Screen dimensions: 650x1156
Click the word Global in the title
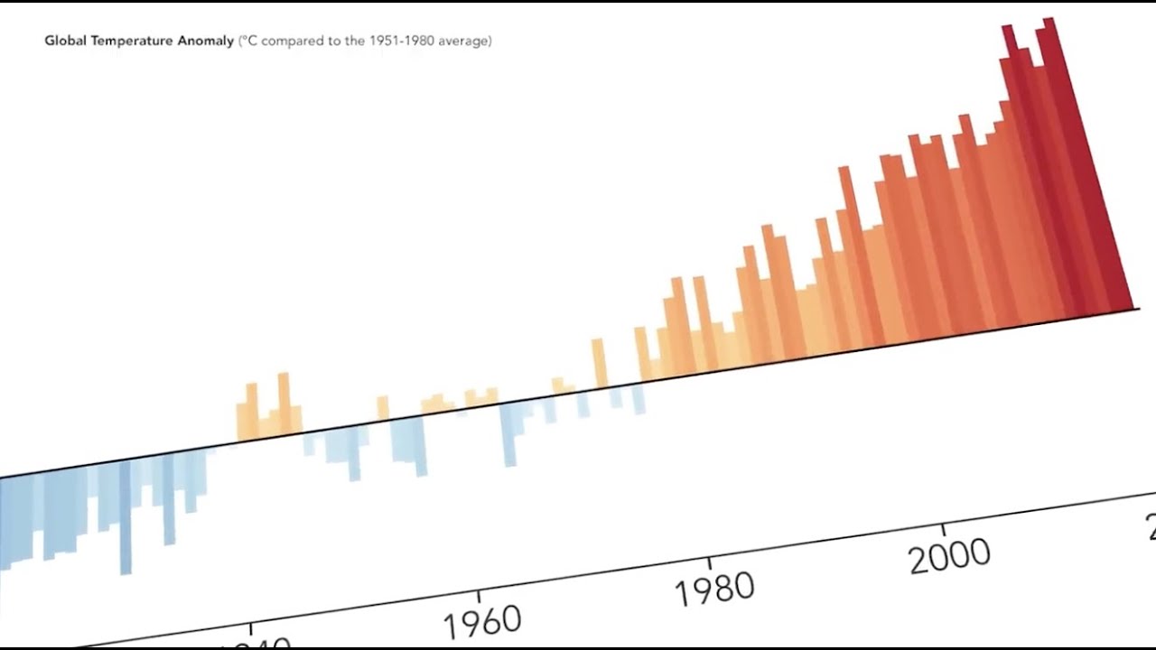point(64,41)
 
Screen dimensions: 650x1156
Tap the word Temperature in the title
point(130,41)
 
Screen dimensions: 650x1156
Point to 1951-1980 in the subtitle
point(401,41)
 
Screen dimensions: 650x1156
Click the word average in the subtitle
point(464,41)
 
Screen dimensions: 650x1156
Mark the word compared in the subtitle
point(292,42)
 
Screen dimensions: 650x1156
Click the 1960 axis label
point(482,620)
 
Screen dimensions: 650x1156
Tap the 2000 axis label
point(948,556)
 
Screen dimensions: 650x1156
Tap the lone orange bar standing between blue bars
point(383,408)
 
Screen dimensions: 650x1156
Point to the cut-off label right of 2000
point(1150,526)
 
